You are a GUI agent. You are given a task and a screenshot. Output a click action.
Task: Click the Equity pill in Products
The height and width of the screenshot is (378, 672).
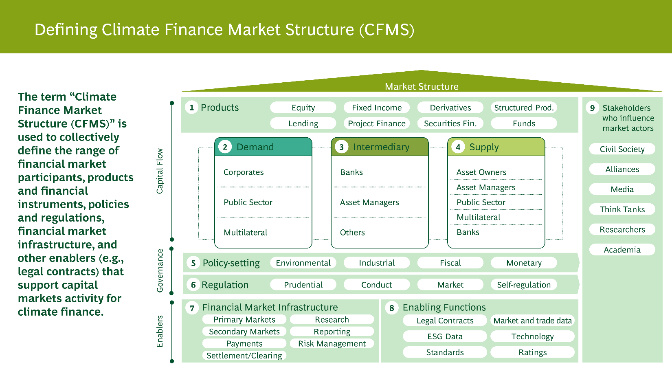pyautogui.click(x=303, y=108)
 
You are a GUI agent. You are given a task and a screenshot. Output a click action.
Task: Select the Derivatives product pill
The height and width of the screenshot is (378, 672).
pyautogui.click(x=450, y=108)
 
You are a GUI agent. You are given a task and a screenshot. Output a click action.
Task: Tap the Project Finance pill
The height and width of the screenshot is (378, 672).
pyautogui.click(x=377, y=123)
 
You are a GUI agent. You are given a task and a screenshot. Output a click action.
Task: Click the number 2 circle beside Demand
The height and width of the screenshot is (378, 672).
pyautogui.click(x=225, y=147)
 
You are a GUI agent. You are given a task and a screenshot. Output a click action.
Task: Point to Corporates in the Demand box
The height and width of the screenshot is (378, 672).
pyautogui.click(x=244, y=172)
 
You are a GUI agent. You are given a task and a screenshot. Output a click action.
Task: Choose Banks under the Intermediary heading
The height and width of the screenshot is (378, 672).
pyautogui.click(x=351, y=172)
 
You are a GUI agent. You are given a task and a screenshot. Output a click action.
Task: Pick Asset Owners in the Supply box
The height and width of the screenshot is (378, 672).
pyautogui.click(x=481, y=172)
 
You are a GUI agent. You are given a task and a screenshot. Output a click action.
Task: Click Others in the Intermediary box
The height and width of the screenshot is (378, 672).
pyautogui.click(x=352, y=233)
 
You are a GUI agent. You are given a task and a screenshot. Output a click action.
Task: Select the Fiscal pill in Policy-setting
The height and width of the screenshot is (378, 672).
pyautogui.click(x=450, y=263)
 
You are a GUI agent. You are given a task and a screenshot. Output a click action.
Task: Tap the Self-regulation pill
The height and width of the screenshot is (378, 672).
pyautogui.click(x=524, y=285)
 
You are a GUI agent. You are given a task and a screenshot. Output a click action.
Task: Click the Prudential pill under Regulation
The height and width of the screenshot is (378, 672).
pyautogui.click(x=303, y=285)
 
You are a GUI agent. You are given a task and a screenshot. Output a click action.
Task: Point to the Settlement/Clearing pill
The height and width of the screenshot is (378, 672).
pyautogui.click(x=244, y=356)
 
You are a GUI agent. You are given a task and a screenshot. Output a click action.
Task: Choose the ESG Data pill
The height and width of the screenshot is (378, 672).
pyautogui.click(x=445, y=336)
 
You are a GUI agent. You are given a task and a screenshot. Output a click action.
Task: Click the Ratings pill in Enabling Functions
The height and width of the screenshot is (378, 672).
pyautogui.click(x=532, y=352)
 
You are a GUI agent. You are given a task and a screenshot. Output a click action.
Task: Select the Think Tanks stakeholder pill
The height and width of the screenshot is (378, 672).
pyautogui.click(x=622, y=209)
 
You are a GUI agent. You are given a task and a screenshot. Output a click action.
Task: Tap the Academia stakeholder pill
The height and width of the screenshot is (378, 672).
pyautogui.click(x=622, y=250)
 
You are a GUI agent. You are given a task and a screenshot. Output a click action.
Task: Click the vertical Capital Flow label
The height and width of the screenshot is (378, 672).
pyautogui.click(x=160, y=171)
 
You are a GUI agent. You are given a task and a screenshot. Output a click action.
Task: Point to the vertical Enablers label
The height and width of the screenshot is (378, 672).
pyautogui.click(x=160, y=331)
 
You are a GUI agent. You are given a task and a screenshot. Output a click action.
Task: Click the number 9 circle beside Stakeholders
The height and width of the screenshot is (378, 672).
pyautogui.click(x=592, y=108)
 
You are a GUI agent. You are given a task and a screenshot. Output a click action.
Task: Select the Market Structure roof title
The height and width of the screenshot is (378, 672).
pyautogui.click(x=422, y=86)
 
